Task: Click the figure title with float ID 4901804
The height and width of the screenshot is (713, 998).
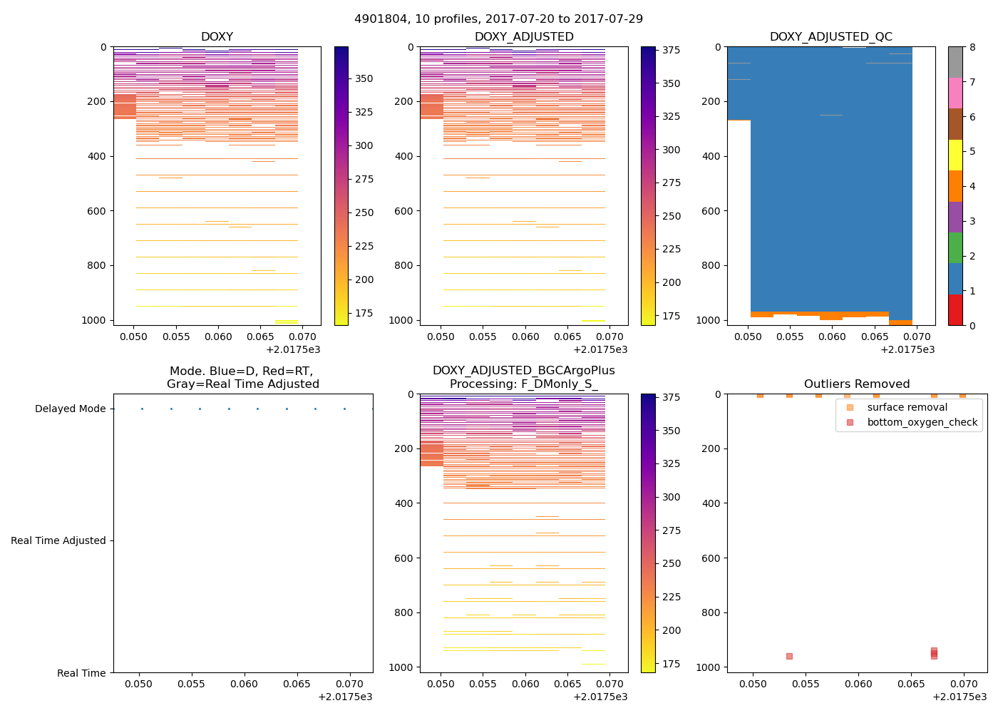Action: coord(498,19)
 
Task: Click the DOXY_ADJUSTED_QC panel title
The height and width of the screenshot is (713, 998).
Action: coord(830,37)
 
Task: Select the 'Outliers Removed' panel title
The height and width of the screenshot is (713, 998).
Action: coord(857,384)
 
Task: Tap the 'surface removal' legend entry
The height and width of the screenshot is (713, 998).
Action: coord(907,408)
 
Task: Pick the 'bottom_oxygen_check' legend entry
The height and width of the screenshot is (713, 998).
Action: coord(922,423)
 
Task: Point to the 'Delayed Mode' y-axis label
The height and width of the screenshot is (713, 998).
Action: coord(70,409)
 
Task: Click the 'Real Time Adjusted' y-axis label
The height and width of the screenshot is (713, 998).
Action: coord(58,541)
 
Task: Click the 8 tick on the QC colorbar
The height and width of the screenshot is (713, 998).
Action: coord(972,47)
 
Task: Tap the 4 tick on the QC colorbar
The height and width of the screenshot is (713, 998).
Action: coord(972,187)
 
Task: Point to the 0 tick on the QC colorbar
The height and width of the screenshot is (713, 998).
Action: coord(972,325)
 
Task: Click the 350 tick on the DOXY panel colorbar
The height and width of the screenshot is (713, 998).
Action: coord(364,78)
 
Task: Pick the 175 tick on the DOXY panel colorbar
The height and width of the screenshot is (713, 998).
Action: coord(364,313)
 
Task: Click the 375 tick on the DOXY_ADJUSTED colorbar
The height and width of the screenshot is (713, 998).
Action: coord(670,51)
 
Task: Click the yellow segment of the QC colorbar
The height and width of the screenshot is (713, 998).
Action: coord(955,155)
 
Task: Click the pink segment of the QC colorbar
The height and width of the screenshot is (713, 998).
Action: coord(955,93)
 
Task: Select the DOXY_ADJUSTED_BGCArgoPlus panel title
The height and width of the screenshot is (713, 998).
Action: coord(524,377)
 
